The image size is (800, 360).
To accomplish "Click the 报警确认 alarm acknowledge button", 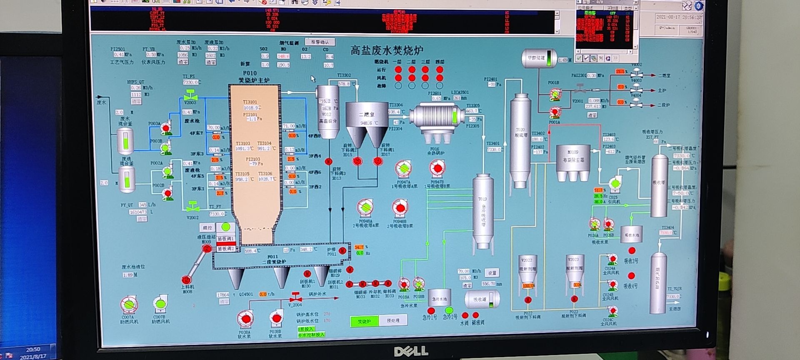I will click(x=320, y=42).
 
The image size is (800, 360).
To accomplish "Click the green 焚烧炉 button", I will click(x=364, y=321).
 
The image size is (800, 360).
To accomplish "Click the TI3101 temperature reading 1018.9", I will click(x=252, y=107).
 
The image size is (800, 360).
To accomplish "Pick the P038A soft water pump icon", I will click(x=245, y=320).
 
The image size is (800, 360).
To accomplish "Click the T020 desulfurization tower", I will click(x=520, y=140).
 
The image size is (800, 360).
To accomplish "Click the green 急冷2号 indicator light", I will click(x=449, y=310).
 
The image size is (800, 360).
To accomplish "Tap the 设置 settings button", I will click(x=492, y=273).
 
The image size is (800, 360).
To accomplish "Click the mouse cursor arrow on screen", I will click(x=313, y=78).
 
